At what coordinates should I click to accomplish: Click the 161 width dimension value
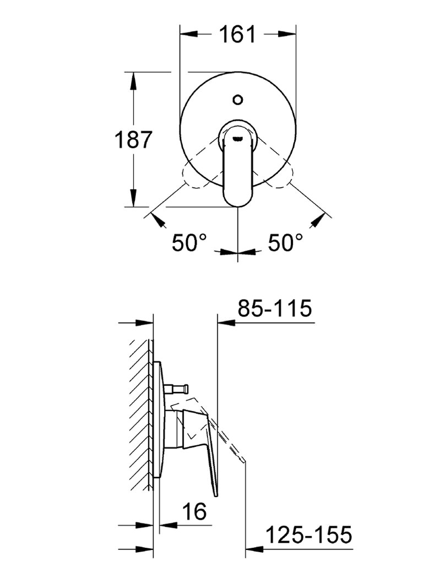tap(238, 34)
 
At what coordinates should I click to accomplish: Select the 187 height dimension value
tap(132, 140)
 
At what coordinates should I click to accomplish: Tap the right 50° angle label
tap(285, 242)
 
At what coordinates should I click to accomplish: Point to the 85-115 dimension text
tap(275, 308)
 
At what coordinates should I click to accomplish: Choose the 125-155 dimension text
tap(308, 535)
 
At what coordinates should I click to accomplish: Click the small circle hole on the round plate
tap(238, 100)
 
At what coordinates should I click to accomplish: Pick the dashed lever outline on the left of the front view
tap(195, 176)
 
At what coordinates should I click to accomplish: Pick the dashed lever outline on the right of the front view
tap(281, 176)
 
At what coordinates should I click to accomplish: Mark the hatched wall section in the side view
tap(141, 413)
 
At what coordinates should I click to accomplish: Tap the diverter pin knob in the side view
tap(185, 388)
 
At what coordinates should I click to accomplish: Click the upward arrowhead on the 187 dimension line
tap(133, 80)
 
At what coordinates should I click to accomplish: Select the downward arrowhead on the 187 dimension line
tap(133, 199)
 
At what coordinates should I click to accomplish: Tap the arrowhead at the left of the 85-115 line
tap(226, 323)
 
